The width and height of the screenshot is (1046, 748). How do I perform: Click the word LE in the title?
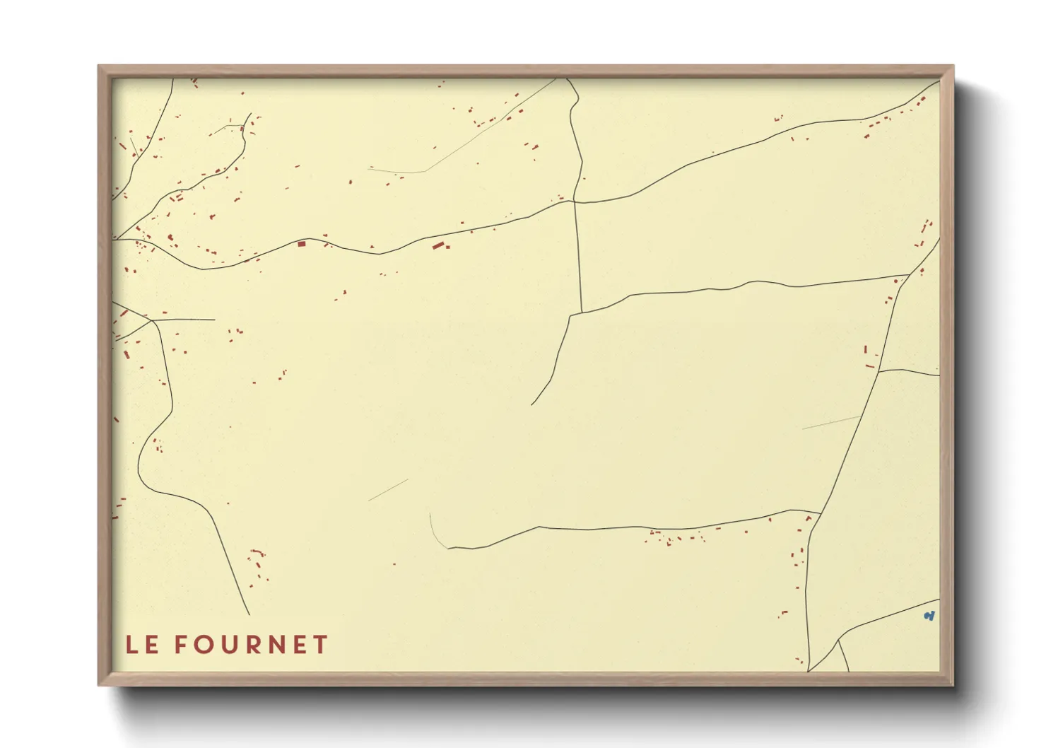pos(141,645)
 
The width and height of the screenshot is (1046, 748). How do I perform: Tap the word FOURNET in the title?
pos(252,645)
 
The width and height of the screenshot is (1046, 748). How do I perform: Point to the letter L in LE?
pos(131,645)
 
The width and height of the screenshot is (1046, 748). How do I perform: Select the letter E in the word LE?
pos(152,645)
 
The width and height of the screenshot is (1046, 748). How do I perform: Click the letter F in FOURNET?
pos(181,645)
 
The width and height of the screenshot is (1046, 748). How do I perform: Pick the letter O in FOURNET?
pos(203,645)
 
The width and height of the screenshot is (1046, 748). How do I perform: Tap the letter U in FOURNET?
pos(228,645)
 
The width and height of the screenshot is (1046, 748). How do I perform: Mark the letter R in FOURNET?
pos(252,645)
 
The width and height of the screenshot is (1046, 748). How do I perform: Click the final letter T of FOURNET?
pos(322,645)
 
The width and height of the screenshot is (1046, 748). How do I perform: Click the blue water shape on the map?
pos(929,616)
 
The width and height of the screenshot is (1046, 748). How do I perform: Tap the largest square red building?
pos(302,244)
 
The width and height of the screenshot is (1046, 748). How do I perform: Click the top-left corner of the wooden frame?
pos(99,66)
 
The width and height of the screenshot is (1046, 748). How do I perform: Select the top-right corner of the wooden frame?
pos(953,66)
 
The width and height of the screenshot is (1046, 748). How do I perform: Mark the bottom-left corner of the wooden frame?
pos(99,684)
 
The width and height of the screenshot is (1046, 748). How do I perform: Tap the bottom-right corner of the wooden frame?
pos(953,684)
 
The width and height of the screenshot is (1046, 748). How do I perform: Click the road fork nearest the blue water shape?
pos(838,641)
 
